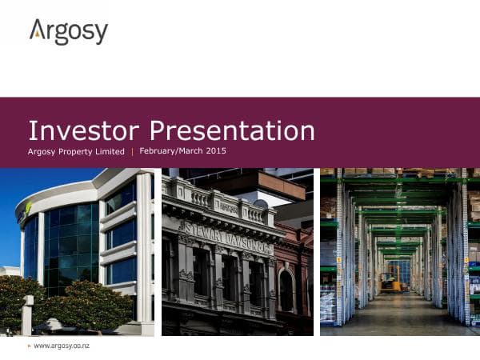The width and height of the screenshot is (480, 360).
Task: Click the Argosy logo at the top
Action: point(69,33)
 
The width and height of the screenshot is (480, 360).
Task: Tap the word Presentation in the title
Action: point(232,130)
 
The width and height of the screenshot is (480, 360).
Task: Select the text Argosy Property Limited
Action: point(76,151)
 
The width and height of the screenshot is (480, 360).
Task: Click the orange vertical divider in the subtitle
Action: point(132,151)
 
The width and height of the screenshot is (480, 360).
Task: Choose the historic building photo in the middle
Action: point(237,251)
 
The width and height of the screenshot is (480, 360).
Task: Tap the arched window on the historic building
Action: point(286,291)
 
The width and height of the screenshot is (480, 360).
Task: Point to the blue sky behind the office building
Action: point(24,200)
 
